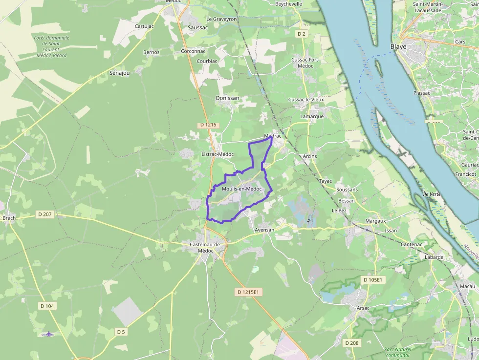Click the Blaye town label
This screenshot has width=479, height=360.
[x=398, y=47]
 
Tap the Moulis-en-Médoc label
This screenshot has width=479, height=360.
[x=241, y=189]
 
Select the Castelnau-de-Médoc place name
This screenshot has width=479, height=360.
[x=206, y=247]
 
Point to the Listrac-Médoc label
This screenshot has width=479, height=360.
[x=218, y=154]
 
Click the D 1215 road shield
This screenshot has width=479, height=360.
[x=208, y=125]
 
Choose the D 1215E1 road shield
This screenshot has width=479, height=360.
[x=249, y=292]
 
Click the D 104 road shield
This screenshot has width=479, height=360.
[x=47, y=306]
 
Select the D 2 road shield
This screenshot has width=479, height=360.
[x=302, y=34]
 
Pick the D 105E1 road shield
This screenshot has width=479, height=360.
[x=374, y=280]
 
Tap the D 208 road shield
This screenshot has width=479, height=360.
[x=351, y=343]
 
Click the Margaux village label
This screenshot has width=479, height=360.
[x=375, y=221]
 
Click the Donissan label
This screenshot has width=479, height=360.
[x=228, y=98]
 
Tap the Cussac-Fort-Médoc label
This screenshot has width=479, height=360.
[x=305, y=63]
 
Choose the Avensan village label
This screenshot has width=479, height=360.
[x=264, y=230]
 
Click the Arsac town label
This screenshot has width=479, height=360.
[x=363, y=308]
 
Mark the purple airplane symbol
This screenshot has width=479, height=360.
[x=48, y=334]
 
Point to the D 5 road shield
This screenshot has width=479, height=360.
[x=121, y=332]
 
